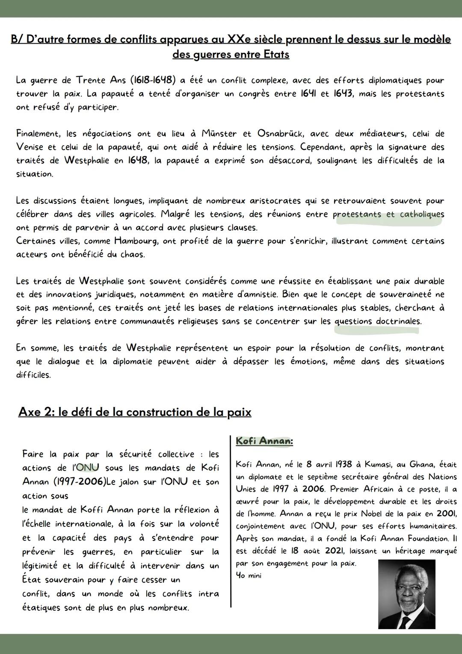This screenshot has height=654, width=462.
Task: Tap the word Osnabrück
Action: (x=280, y=134)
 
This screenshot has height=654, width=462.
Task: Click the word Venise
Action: (x=30, y=147)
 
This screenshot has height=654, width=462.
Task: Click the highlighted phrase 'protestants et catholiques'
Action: (x=388, y=215)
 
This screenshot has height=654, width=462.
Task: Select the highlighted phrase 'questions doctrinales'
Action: (x=378, y=322)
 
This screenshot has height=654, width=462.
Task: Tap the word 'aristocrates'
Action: (x=275, y=201)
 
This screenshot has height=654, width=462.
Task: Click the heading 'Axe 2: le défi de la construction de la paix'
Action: (x=135, y=412)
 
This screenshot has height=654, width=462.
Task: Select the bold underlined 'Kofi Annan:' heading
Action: (x=264, y=441)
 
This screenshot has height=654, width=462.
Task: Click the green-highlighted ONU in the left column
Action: (x=87, y=468)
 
